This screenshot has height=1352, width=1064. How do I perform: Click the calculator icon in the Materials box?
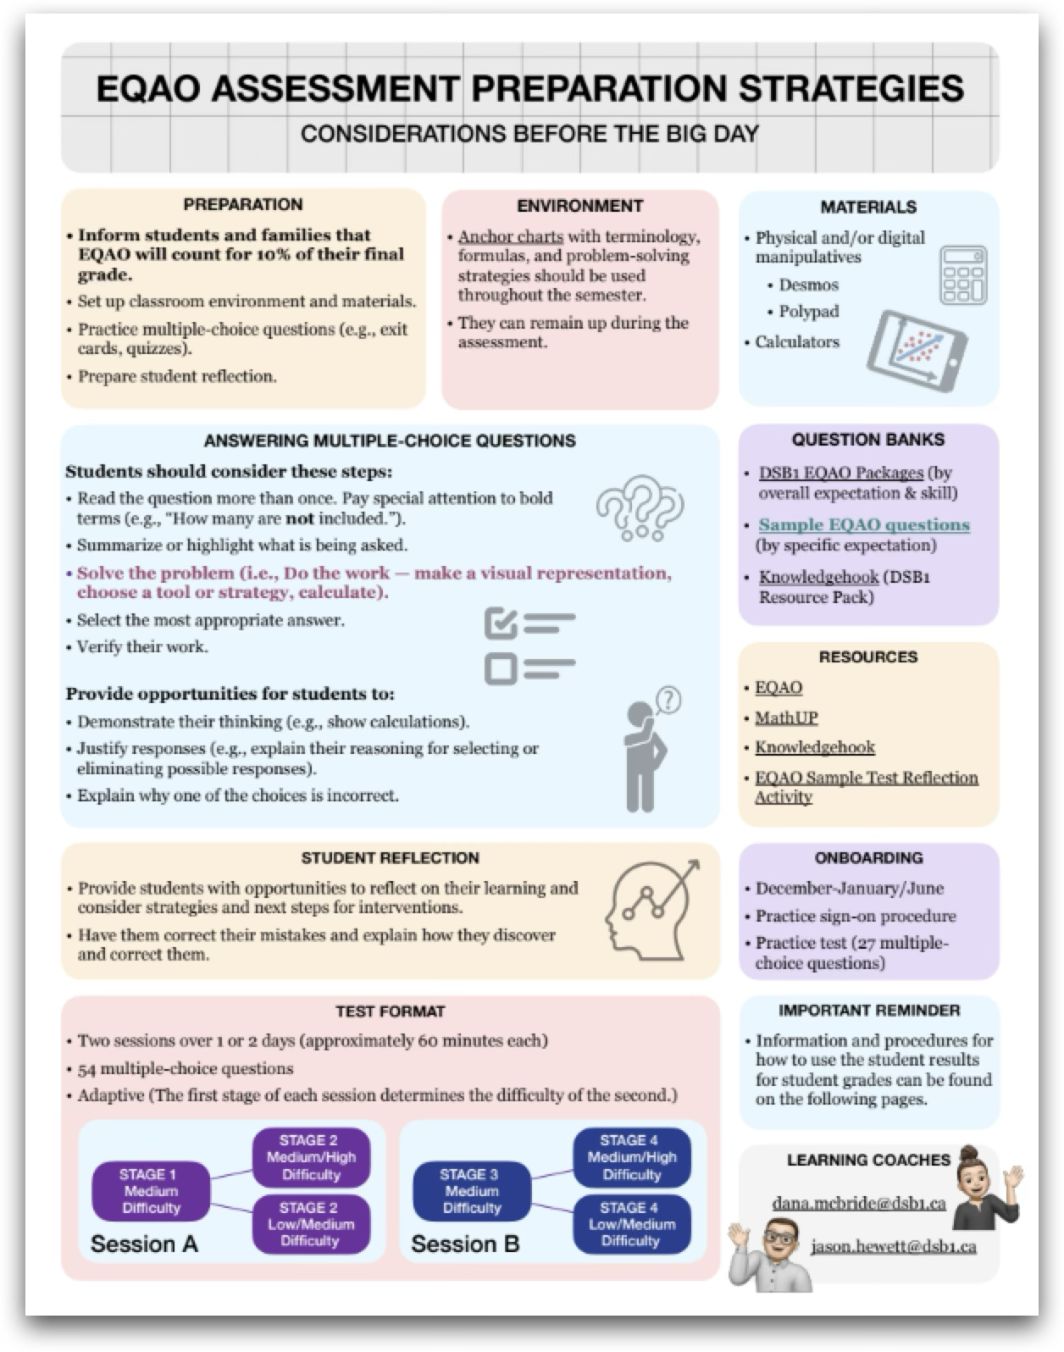[x=963, y=275]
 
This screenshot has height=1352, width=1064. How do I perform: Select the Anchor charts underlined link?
[x=510, y=236]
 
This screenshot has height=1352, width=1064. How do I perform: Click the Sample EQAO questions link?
[x=863, y=525]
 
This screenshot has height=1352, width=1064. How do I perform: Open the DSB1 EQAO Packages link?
[x=840, y=473]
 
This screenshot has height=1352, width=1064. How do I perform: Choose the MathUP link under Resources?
[x=786, y=718]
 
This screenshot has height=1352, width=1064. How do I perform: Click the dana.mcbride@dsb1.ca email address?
[x=858, y=1203]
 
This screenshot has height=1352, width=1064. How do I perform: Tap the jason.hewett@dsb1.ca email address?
[x=893, y=1247]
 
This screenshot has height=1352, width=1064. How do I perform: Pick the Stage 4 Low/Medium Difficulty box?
[x=631, y=1224]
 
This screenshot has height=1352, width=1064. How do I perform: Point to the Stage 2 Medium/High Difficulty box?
[x=311, y=1157]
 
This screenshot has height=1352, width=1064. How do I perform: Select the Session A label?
[x=144, y=1244]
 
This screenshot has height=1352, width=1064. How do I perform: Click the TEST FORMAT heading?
[x=390, y=1011]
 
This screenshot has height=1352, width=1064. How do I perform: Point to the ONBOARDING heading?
[x=868, y=858]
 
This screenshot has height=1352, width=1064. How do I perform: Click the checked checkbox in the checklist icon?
[x=501, y=625]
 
